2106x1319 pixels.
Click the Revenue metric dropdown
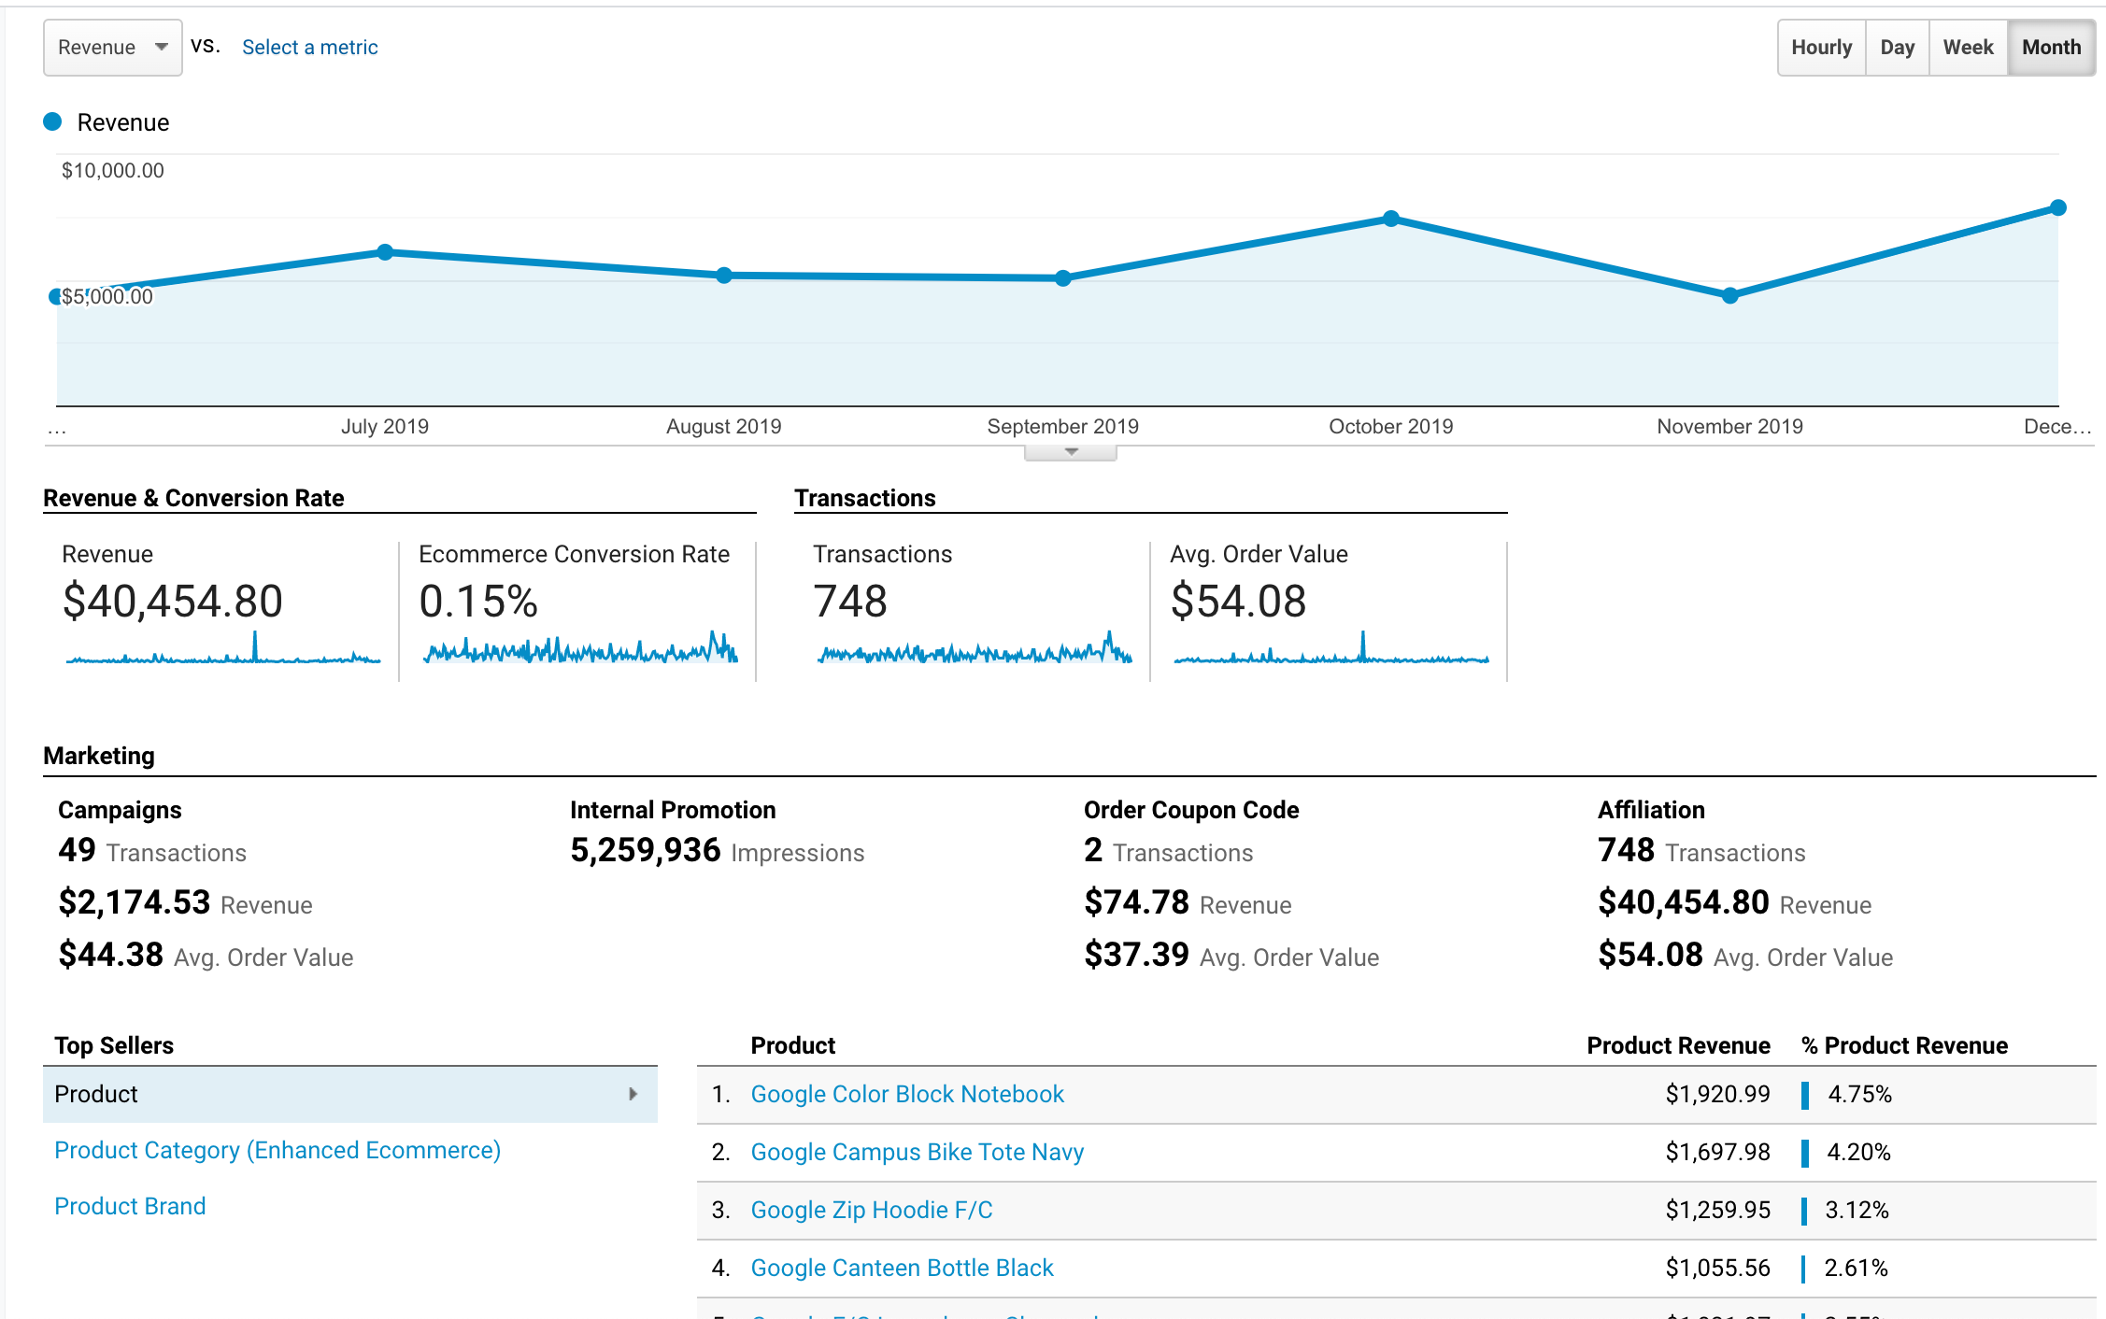coord(112,48)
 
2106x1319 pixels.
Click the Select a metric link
coord(309,48)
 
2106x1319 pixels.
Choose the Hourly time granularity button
coord(1821,48)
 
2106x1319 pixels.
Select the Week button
coord(1968,48)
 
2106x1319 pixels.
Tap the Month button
coord(2051,48)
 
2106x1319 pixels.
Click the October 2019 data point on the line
coord(1391,219)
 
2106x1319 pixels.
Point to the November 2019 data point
coord(1729,295)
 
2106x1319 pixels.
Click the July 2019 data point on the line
coord(385,251)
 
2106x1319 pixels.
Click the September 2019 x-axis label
coord(1062,427)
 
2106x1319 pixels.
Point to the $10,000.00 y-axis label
coord(112,171)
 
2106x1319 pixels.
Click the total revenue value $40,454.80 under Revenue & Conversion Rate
coord(172,601)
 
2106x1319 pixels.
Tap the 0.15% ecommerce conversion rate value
coord(477,601)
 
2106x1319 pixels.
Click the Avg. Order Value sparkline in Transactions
coord(1330,649)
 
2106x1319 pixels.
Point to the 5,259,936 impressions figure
coord(645,850)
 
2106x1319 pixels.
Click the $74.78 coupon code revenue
coord(1136,902)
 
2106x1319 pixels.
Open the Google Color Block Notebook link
coord(906,1094)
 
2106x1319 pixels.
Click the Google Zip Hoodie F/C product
coord(871,1210)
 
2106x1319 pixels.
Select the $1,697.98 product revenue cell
coord(1716,1152)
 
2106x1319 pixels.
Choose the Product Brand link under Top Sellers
coord(130,1206)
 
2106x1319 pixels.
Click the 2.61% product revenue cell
coord(1856,1268)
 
